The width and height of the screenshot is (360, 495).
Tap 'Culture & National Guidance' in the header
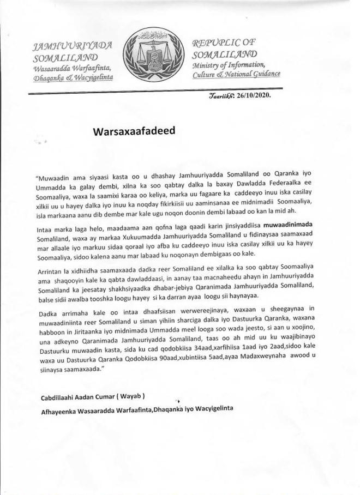(237, 75)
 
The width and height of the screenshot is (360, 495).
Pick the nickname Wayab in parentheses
(134, 396)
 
